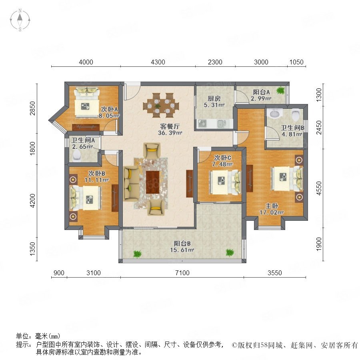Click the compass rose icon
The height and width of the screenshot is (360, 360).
20,20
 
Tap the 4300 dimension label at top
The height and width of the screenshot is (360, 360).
158,62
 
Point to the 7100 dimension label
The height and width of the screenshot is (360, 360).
182,273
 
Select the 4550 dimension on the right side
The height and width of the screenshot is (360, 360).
319,188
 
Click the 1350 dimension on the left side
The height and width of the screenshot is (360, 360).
33,249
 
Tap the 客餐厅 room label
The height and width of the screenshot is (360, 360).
170,126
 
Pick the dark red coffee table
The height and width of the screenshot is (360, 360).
153,182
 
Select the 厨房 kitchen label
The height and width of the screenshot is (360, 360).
214,99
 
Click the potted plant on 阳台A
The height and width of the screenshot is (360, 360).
280,90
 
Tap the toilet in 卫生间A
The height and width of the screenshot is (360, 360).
76,156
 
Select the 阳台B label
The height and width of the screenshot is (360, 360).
182,244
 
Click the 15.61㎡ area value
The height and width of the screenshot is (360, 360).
182,250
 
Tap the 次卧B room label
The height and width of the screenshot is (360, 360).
97,174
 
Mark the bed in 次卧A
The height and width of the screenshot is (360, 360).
86,102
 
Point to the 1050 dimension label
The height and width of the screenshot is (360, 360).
296,62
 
